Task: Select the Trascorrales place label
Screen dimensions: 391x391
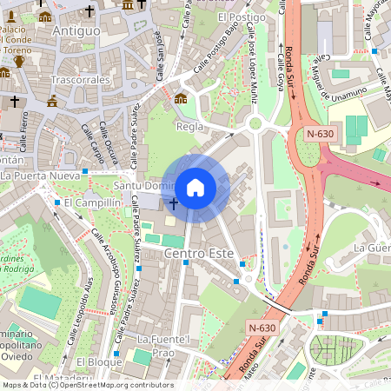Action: (x=79, y=79)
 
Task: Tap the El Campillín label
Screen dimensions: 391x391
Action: (x=92, y=202)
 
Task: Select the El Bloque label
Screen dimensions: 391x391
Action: (x=99, y=361)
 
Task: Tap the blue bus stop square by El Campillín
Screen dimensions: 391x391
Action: (x=57, y=202)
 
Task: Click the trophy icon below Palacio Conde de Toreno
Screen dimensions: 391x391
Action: (x=18, y=62)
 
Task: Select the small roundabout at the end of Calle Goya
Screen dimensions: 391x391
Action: (x=255, y=123)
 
